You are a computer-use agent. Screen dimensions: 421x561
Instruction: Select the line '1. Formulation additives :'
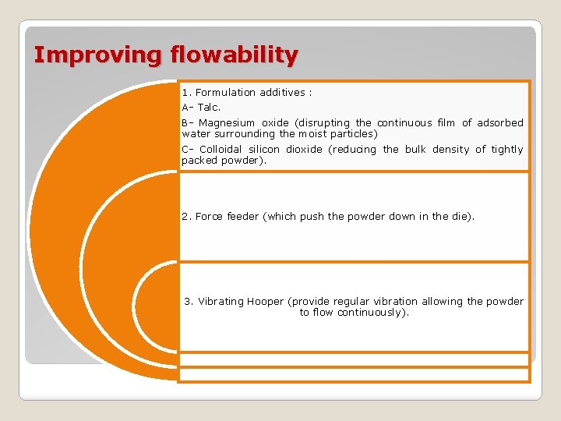point(247,93)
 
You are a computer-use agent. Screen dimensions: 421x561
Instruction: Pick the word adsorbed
point(500,123)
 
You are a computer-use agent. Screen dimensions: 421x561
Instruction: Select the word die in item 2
point(460,217)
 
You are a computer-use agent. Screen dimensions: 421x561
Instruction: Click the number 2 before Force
point(185,217)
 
